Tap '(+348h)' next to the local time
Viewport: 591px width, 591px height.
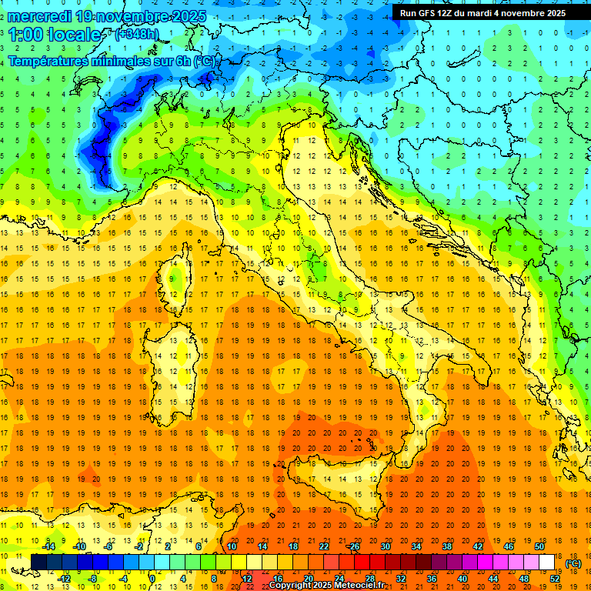tap(138, 35)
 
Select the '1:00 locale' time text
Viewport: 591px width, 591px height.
tap(55, 35)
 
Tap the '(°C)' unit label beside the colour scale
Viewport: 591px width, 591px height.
tap(573, 563)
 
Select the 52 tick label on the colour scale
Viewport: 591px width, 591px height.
tap(554, 579)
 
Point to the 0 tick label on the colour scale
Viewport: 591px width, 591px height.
tap(152, 579)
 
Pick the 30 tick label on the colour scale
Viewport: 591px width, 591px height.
tap(386, 546)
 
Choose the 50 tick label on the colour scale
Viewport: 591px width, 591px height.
tap(539, 546)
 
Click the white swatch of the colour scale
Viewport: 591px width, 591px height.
tap(547, 563)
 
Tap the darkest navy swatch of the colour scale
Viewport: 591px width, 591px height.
tap(38, 563)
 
